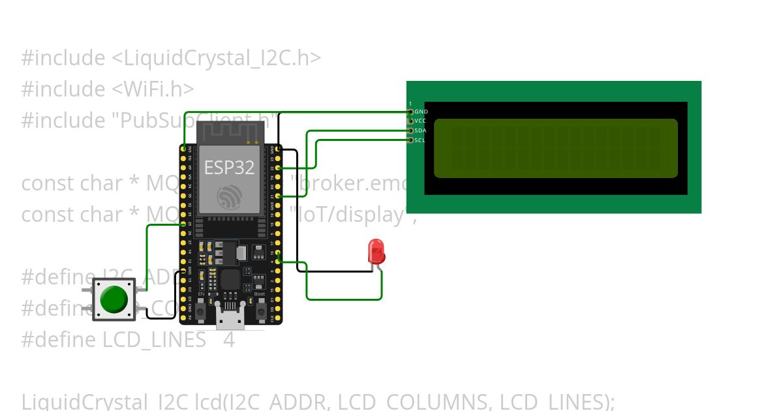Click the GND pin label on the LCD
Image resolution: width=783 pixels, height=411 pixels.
click(x=421, y=112)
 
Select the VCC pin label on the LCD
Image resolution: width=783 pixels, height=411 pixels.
click(x=421, y=121)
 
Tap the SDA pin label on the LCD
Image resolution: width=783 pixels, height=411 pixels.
click(x=421, y=130)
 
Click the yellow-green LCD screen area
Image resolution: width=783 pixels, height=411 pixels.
click(x=555, y=148)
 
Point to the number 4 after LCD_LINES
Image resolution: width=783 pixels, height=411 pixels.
click(x=228, y=340)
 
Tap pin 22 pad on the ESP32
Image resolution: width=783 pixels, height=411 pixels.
click(x=279, y=168)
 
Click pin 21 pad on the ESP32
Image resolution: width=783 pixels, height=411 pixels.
click(x=279, y=196)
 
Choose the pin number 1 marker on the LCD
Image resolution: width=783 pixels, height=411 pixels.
click(x=410, y=104)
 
